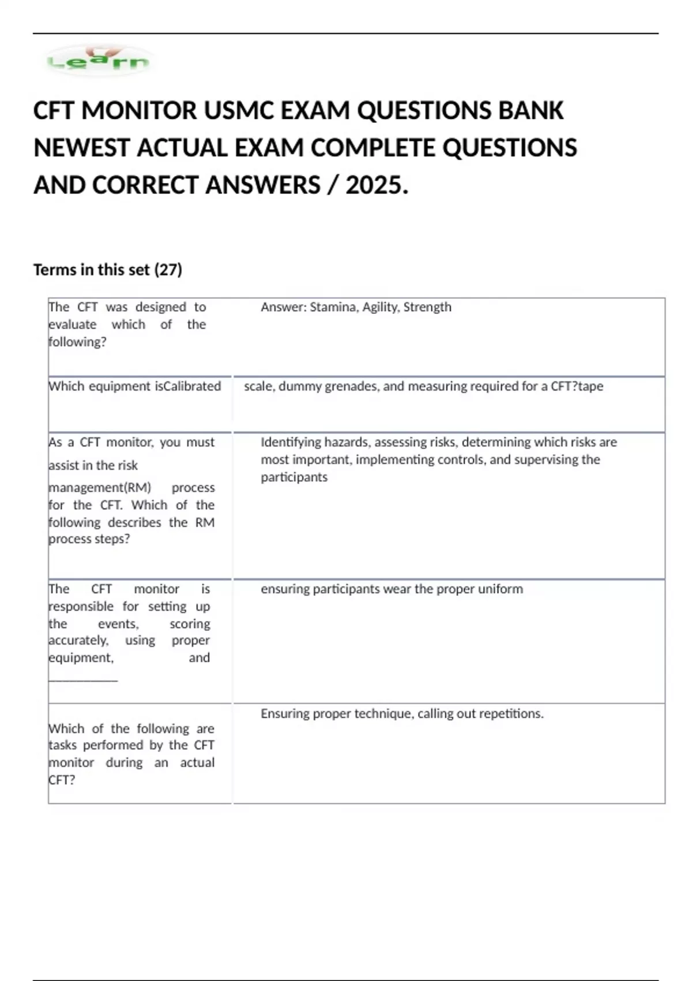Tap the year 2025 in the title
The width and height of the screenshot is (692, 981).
pyautogui.click(x=377, y=185)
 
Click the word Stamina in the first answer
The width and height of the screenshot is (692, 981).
pyautogui.click(x=333, y=307)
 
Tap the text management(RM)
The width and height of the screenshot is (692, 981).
pyautogui.click(x=100, y=488)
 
